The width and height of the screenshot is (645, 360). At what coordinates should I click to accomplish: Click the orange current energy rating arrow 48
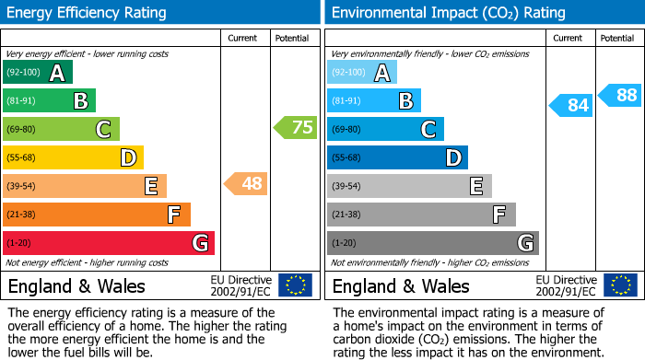(246, 184)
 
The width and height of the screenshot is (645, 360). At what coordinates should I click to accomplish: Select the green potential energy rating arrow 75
(296, 128)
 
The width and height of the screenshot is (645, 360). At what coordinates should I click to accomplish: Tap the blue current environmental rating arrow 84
(570, 106)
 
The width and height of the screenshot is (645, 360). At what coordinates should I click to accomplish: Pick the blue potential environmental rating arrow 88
(620, 95)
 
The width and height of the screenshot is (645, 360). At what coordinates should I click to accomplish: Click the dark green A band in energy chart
(38, 73)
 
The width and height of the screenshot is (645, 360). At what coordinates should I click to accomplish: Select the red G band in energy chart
(109, 243)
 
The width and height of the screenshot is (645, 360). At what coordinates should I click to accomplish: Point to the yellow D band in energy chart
(74, 157)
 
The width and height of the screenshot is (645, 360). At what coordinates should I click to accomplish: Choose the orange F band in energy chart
(97, 215)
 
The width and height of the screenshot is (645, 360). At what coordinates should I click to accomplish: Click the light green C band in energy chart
(62, 129)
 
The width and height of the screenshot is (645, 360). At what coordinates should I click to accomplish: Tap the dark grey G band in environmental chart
(433, 243)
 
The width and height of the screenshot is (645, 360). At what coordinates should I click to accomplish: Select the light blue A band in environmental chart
(362, 73)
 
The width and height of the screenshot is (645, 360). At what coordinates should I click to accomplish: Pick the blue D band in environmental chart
(397, 157)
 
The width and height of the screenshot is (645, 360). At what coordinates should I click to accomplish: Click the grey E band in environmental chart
(409, 186)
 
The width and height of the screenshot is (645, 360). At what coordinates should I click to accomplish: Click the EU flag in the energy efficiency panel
(296, 285)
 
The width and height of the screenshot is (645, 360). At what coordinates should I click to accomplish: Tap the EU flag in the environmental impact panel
(620, 285)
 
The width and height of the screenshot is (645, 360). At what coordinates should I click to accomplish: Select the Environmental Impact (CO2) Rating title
(448, 13)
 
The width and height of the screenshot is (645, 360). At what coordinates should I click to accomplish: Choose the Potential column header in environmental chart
(617, 38)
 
